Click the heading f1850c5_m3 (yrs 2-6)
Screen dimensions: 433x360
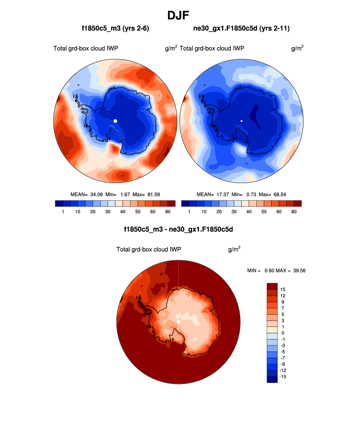tap(115, 29)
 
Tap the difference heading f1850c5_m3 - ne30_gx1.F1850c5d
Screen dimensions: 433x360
tap(178, 229)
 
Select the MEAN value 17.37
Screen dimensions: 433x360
tap(221, 194)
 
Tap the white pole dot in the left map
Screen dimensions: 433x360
tap(115, 120)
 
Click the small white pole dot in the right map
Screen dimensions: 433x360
tap(242, 120)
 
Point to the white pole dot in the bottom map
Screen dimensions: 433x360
tap(178, 322)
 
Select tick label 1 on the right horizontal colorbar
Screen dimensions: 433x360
tap(189, 212)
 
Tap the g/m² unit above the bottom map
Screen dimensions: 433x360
tap(234, 249)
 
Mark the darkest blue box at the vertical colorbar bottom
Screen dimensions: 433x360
tap(273, 379)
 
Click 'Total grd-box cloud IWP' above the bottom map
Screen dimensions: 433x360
tap(149, 250)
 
